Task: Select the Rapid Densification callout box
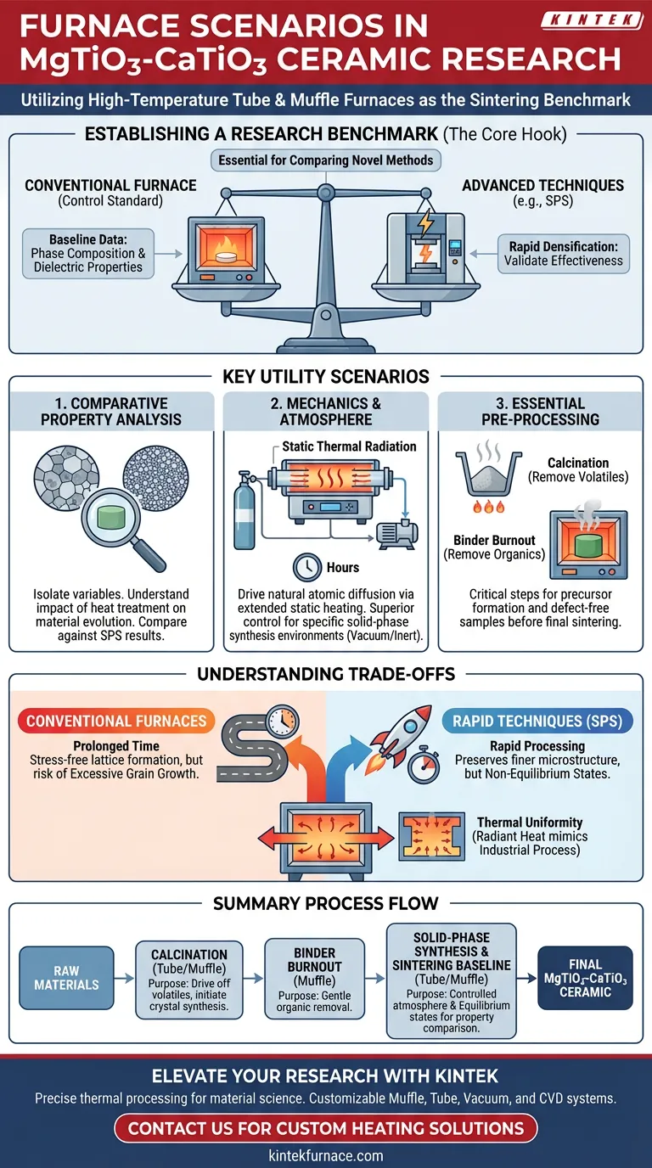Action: tap(564, 253)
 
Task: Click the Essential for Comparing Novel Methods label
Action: tap(325, 160)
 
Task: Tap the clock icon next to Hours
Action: tap(306, 567)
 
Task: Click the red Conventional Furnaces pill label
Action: tap(116, 721)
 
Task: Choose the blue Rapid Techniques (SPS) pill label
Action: tap(537, 722)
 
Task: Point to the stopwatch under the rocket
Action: tap(421, 765)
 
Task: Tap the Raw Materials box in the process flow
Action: tap(66, 978)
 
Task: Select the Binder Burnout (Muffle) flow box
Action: tap(314, 978)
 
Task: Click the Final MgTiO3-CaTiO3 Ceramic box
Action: tap(585, 978)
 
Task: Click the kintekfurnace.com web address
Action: tap(326, 1155)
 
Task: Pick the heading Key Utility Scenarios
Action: tap(326, 377)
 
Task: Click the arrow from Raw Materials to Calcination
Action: tap(125, 978)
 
